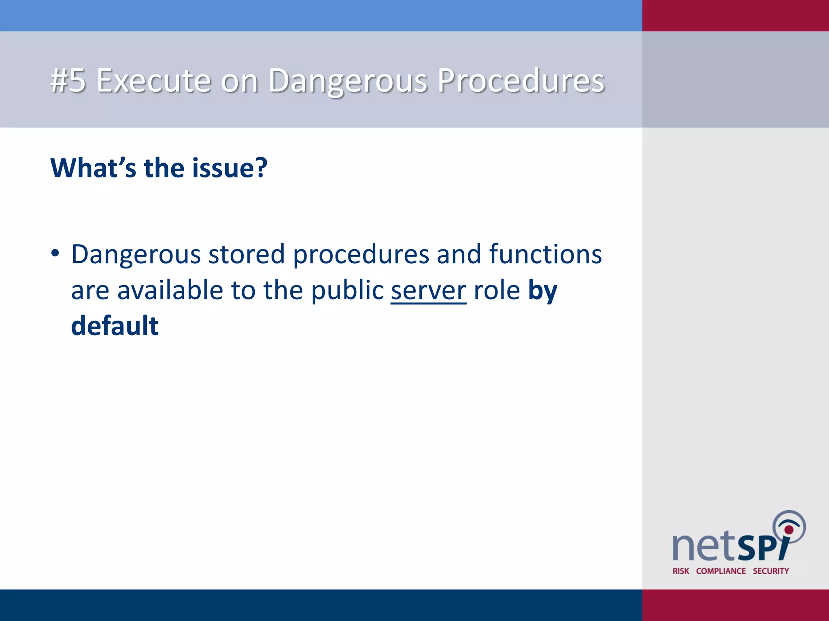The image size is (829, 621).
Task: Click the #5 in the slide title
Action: pyautogui.click(x=68, y=80)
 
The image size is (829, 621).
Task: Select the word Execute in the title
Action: pyautogui.click(x=154, y=80)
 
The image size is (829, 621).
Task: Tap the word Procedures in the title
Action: pyautogui.click(x=521, y=80)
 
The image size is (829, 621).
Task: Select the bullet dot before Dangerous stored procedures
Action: pyautogui.click(x=55, y=254)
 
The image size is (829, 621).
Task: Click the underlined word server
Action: pyautogui.click(x=428, y=290)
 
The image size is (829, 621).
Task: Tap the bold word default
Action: pyautogui.click(x=115, y=326)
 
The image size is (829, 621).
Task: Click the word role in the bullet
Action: pyautogui.click(x=497, y=290)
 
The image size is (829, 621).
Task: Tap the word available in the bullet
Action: pyautogui.click(x=170, y=290)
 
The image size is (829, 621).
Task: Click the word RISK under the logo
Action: pyautogui.click(x=681, y=571)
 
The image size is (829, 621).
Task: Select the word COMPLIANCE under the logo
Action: pyautogui.click(x=721, y=571)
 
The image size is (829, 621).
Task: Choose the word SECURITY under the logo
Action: pyautogui.click(x=771, y=571)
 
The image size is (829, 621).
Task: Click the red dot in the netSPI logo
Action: pyautogui.click(x=789, y=530)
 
